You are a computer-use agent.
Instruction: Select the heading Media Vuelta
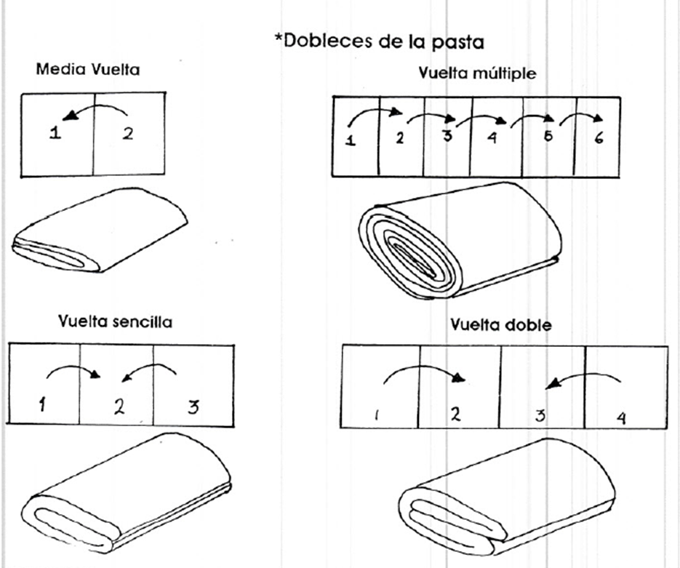tap(88, 71)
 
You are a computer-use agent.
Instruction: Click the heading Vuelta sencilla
tap(116, 321)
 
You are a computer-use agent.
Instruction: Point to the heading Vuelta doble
tap(500, 324)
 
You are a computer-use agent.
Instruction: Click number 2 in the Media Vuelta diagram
tap(127, 135)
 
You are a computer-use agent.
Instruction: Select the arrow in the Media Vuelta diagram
tap(95, 111)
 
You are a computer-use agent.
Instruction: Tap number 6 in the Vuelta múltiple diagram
tap(598, 138)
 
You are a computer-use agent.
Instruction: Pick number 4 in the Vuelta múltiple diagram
tap(492, 138)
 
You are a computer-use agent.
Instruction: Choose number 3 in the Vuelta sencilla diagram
tap(192, 407)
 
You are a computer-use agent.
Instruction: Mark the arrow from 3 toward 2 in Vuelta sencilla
tap(150, 371)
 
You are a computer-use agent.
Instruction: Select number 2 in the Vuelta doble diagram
tap(455, 414)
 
